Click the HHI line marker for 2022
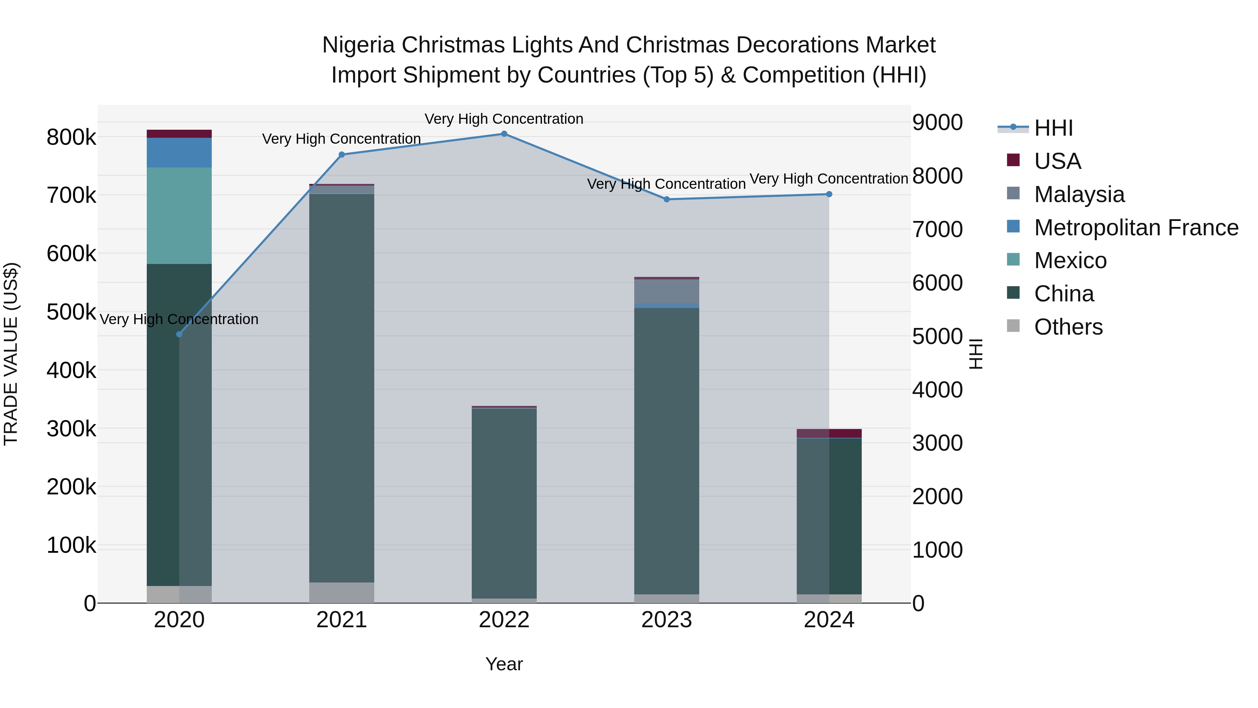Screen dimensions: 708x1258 (x=504, y=134)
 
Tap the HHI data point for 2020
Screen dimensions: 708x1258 (x=179, y=334)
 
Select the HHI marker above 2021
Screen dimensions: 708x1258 (x=342, y=155)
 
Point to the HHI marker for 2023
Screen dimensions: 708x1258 (x=667, y=199)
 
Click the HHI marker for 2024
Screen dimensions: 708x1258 (x=829, y=194)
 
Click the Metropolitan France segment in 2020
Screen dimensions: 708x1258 (x=179, y=152)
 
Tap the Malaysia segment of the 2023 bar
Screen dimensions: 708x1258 (x=667, y=291)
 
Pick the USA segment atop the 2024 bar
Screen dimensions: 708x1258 (x=829, y=434)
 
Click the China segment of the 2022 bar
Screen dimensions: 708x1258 (x=504, y=503)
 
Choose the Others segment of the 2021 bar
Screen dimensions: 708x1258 (x=342, y=592)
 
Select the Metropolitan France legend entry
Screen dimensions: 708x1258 (x=1136, y=228)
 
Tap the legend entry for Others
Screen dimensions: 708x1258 (x=1068, y=327)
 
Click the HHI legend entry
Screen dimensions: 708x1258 (x=1053, y=128)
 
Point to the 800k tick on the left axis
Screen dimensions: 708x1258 (x=71, y=138)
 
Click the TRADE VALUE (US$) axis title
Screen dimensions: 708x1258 (x=11, y=354)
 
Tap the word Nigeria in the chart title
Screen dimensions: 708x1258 (x=358, y=45)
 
